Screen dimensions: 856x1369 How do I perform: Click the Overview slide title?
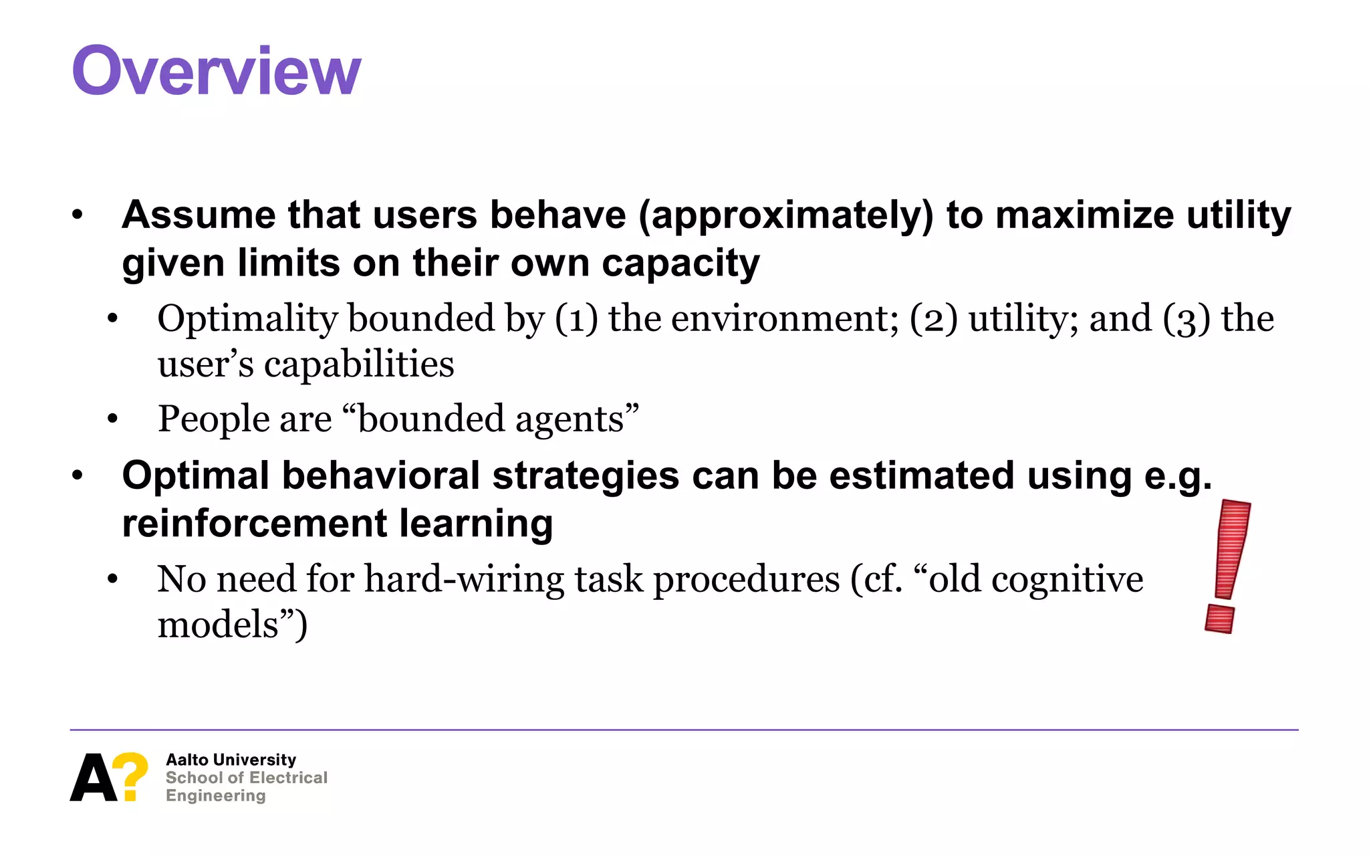[216, 71]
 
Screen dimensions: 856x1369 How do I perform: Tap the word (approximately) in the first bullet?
[785, 215]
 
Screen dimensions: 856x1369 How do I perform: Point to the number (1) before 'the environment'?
[576, 319]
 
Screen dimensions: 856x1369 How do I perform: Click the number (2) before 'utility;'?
[933, 319]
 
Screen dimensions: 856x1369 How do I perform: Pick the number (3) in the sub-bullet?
[1187, 319]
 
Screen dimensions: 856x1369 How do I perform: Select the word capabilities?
[359, 365]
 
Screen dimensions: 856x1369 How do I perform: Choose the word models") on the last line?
[232, 625]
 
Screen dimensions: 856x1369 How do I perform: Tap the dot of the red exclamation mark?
[1219, 619]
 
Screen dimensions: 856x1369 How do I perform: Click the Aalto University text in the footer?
[231, 760]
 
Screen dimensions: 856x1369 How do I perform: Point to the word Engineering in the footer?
[215, 796]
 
